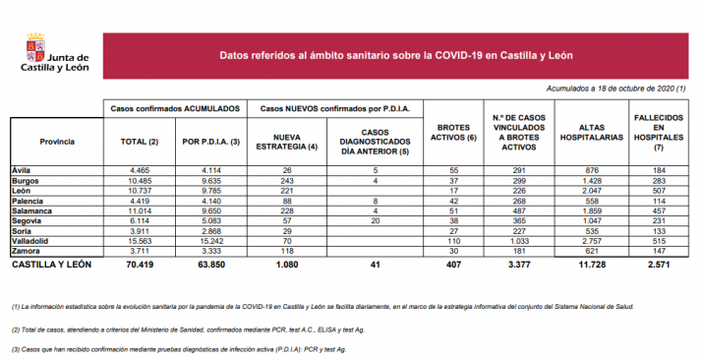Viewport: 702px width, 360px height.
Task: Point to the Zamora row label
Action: point(26,251)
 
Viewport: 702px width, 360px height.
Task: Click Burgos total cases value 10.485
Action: point(134,182)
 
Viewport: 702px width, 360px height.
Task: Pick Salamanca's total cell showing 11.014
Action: point(134,211)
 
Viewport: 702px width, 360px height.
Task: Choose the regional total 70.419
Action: point(134,265)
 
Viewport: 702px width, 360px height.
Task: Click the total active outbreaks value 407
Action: point(454,265)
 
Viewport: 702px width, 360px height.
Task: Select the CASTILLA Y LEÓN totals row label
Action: point(51,265)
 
